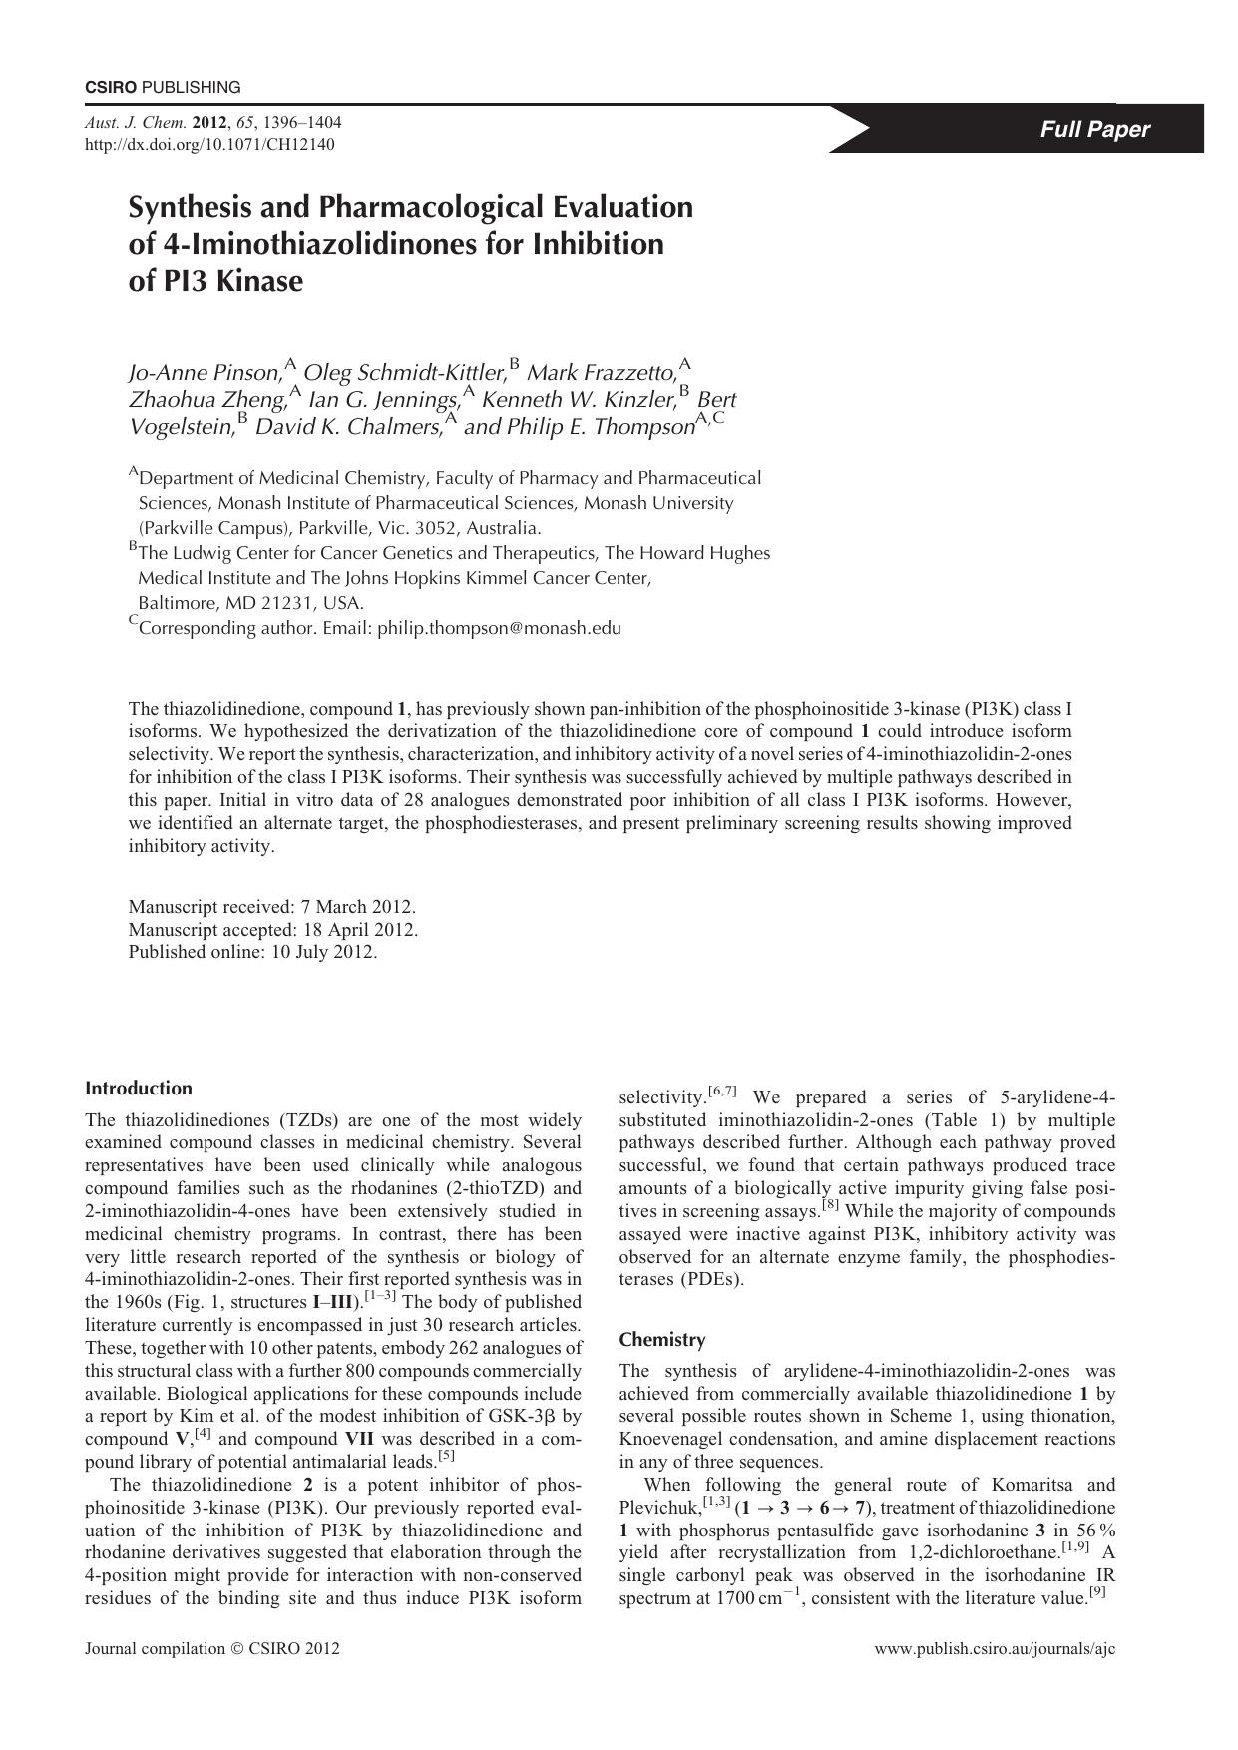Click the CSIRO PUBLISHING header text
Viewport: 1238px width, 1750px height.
pos(163,87)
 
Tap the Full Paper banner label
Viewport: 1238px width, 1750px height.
pos(1094,129)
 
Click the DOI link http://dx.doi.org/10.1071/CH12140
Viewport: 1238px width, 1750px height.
pos(209,144)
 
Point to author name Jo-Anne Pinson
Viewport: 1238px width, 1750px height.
pos(205,373)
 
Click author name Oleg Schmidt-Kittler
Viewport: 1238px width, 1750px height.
pos(404,373)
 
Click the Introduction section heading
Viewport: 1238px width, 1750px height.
pos(139,1088)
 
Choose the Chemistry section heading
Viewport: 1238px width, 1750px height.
pos(662,1339)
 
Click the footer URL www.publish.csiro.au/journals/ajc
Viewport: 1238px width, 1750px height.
pos(995,1648)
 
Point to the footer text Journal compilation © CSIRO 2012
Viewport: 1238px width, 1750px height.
pos(212,1648)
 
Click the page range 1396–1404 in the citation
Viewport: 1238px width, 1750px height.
pos(303,123)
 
